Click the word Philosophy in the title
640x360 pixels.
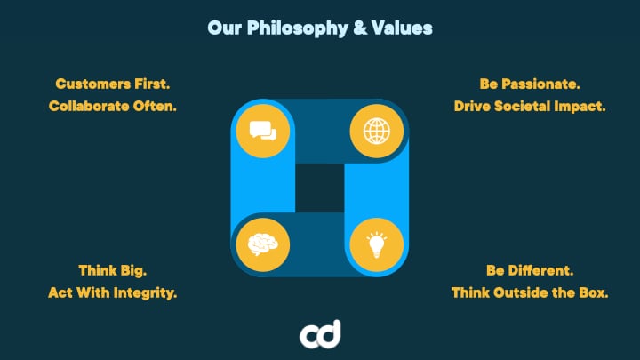point(297,28)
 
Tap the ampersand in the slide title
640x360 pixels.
point(360,28)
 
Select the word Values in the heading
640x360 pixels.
point(402,28)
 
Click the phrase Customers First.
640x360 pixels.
point(113,84)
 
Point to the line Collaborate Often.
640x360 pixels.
point(113,106)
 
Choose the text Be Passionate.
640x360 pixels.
point(530,84)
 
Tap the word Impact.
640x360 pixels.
point(580,107)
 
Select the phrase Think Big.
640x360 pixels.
point(113,270)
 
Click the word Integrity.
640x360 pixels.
point(145,293)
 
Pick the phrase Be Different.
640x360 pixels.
point(530,270)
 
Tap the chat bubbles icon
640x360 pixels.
point(263,131)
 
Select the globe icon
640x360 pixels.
point(376,131)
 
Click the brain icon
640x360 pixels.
point(263,244)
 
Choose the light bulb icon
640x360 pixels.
point(376,245)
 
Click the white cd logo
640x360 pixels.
point(320,335)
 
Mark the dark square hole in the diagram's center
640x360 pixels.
point(320,188)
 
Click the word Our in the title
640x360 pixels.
point(225,28)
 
